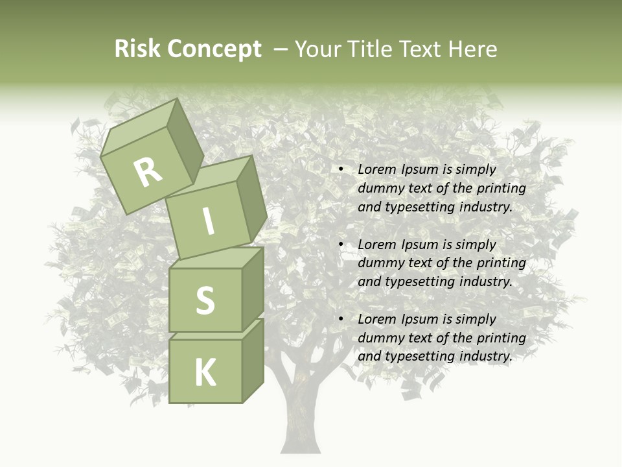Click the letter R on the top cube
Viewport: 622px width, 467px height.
(x=148, y=173)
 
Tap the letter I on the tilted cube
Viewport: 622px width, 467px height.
(x=209, y=222)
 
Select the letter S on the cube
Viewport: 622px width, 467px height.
(x=205, y=300)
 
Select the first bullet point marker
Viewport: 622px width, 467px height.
(x=340, y=169)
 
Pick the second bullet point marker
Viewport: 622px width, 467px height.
(x=340, y=245)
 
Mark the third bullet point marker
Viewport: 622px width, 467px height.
(x=340, y=319)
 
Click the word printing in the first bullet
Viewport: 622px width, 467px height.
(x=501, y=188)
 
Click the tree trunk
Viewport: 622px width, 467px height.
(x=300, y=415)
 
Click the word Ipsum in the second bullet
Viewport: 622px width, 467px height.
(x=422, y=245)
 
